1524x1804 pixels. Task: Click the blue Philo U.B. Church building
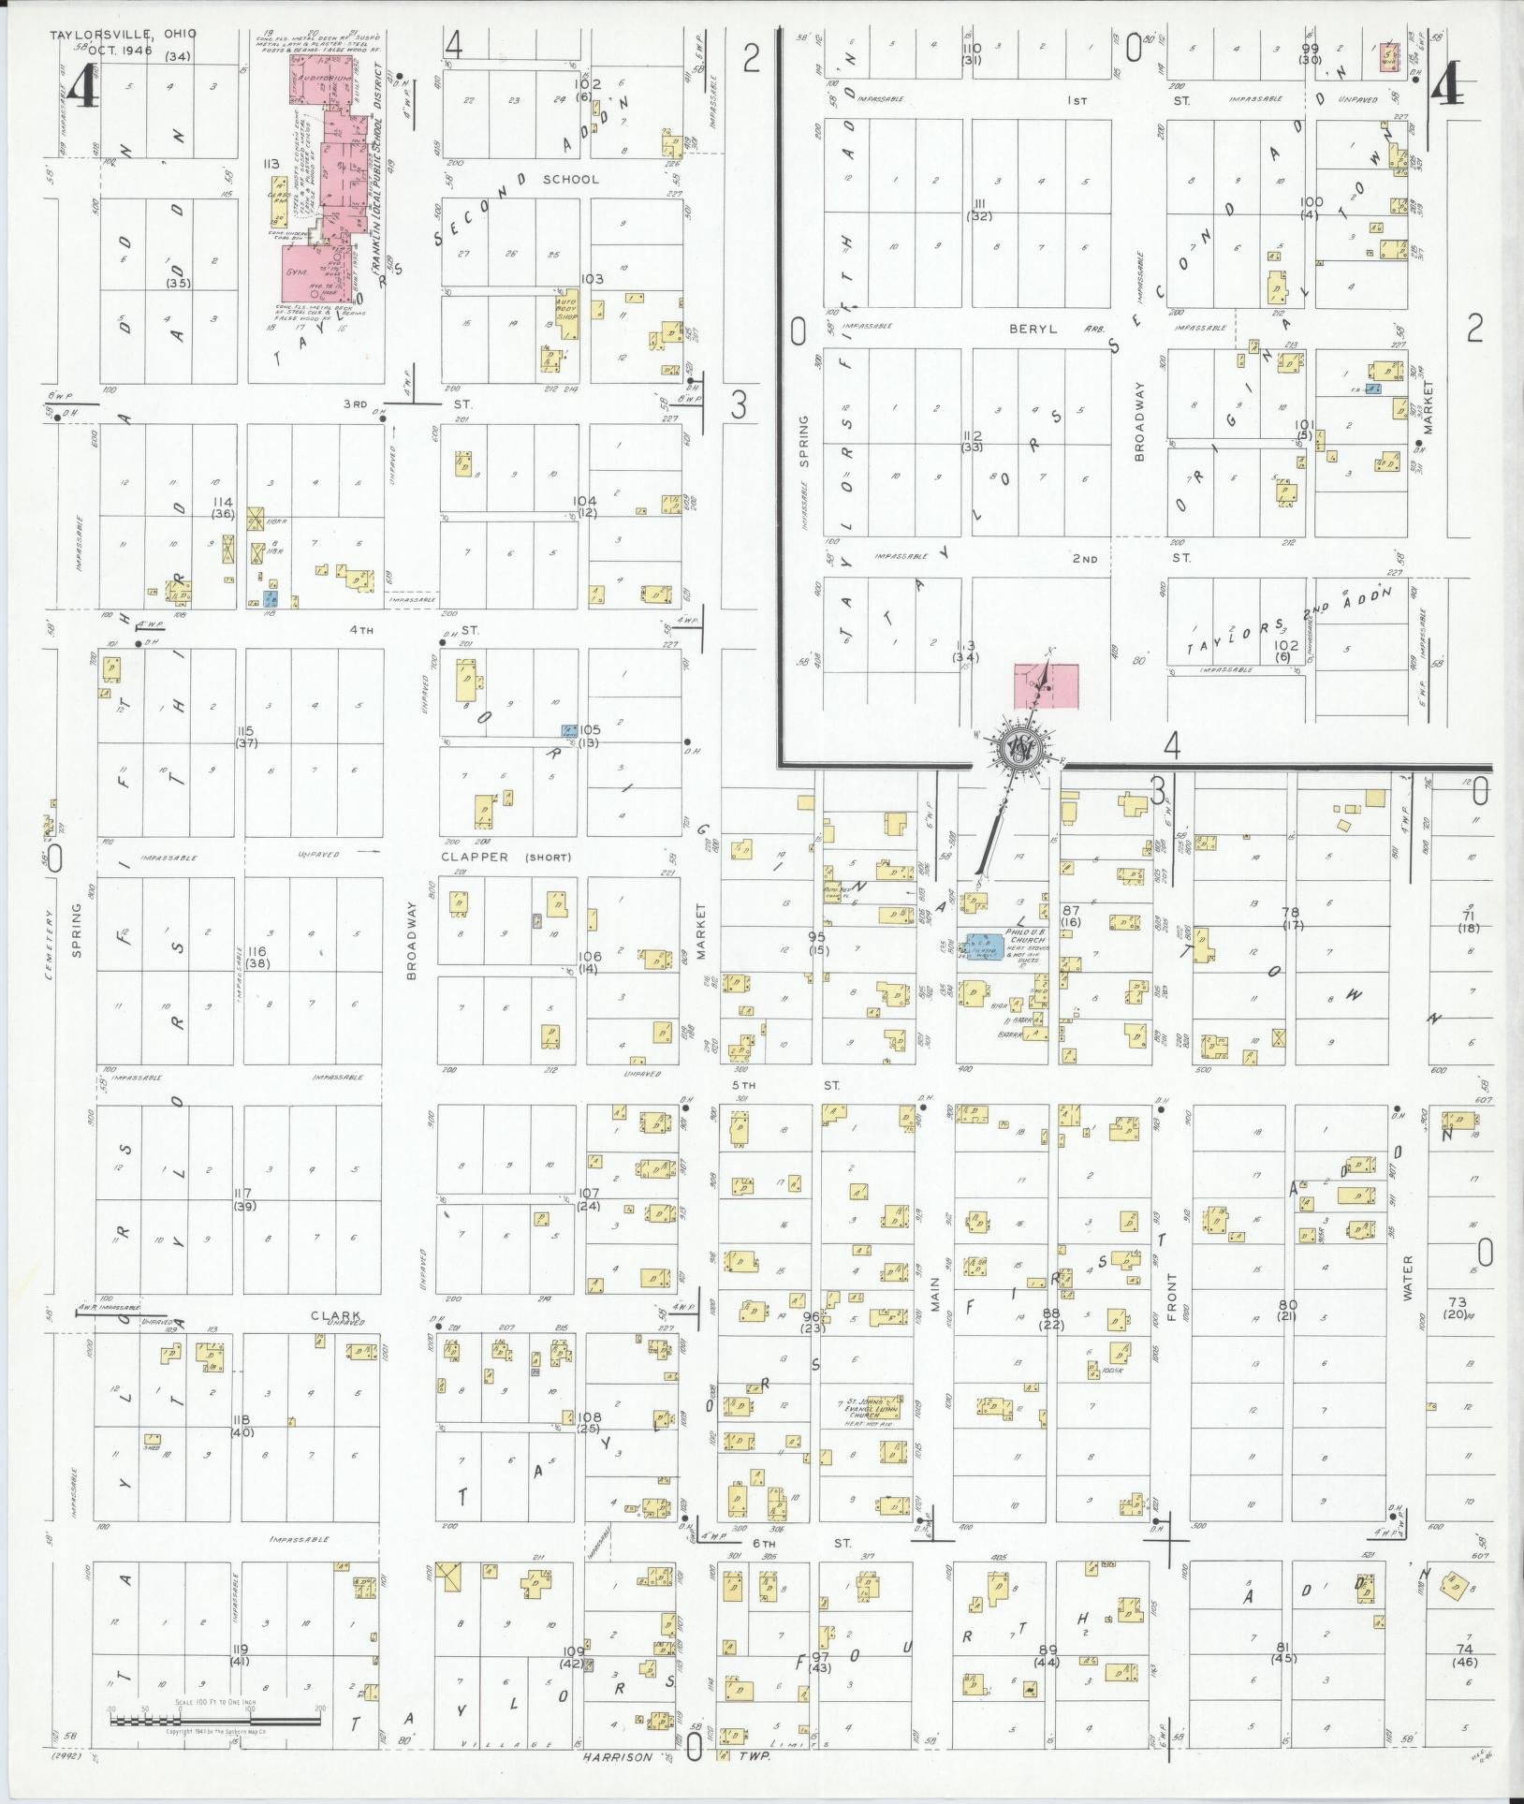985,946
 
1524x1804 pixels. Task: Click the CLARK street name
336,1315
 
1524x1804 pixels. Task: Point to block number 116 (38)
257,957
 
